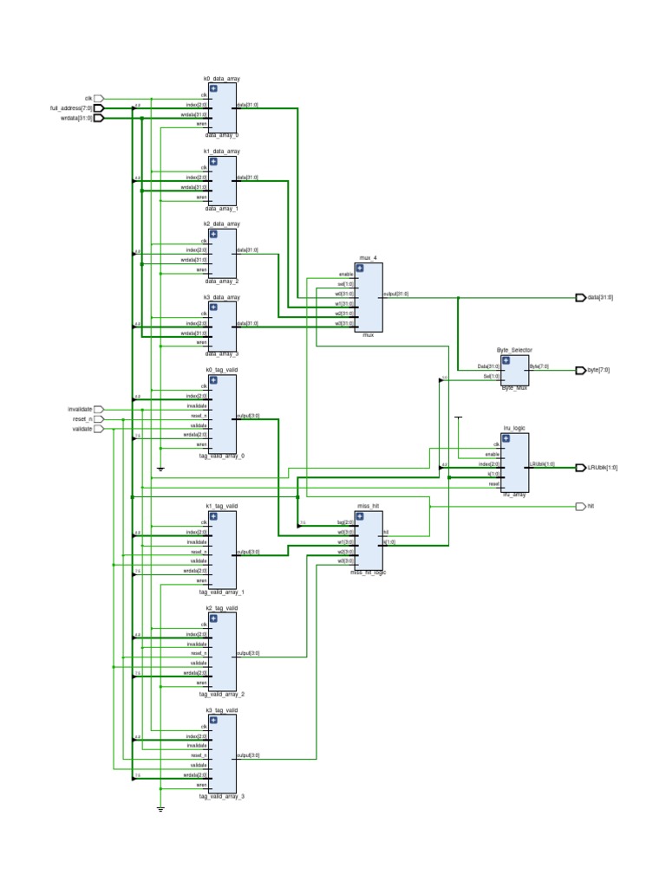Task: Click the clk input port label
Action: pyautogui.click(x=88, y=99)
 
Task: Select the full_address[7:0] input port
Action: pyautogui.click(x=98, y=108)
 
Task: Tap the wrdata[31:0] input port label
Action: pyautogui.click(x=76, y=118)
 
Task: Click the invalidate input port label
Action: pyautogui.click(x=80, y=409)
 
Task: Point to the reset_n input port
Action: pyautogui.click(x=98, y=418)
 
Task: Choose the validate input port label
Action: pyautogui.click(x=82, y=429)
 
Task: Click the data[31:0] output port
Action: pyautogui.click(x=580, y=297)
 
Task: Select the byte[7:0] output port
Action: pyautogui.click(x=580, y=370)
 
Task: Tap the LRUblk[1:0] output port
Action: pyautogui.click(x=580, y=468)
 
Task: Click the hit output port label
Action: pyautogui.click(x=591, y=506)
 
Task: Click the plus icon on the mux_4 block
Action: pyautogui.click(x=359, y=269)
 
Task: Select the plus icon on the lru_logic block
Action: pyautogui.click(x=506, y=438)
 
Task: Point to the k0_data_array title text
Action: pyautogui.click(x=221, y=78)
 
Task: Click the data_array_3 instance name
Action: pyautogui.click(x=221, y=353)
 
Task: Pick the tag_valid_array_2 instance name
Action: pyautogui.click(x=221, y=694)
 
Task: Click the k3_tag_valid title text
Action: pyautogui.click(x=221, y=710)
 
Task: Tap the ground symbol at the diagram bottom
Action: pyautogui.click(x=160, y=809)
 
